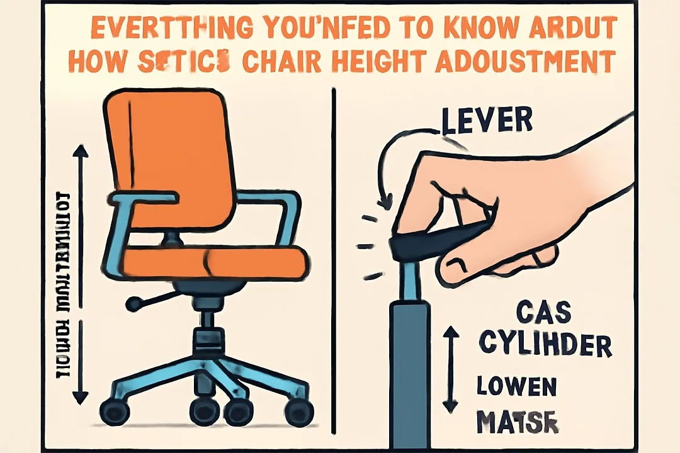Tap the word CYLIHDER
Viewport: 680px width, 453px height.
(x=545, y=344)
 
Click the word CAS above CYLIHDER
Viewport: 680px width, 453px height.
(x=543, y=311)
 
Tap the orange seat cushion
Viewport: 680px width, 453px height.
(x=214, y=261)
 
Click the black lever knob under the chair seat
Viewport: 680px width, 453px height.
(x=133, y=305)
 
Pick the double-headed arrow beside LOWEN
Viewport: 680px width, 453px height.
(x=450, y=368)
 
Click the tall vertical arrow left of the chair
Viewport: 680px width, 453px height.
(x=80, y=274)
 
